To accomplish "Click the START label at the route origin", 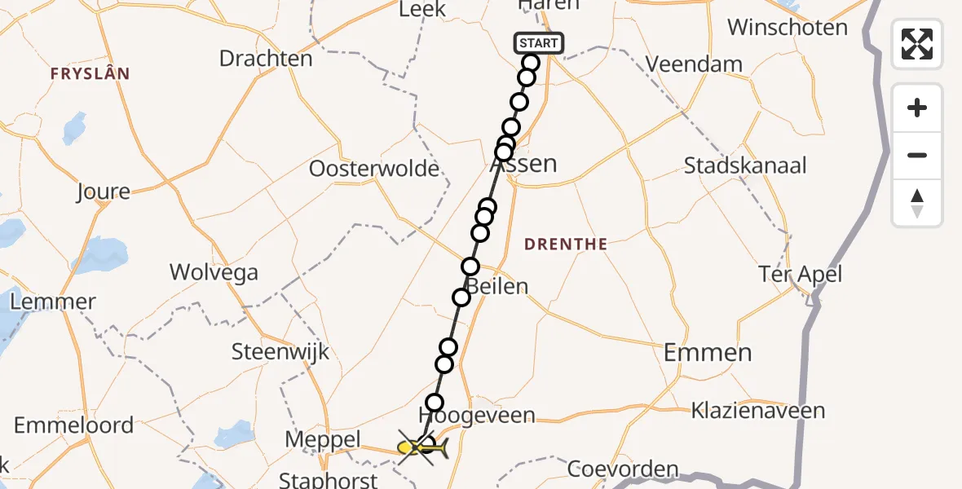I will coord(538,43).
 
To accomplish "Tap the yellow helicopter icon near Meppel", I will coord(423,447).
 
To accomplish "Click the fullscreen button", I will coord(917,44).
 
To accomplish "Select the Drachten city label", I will coord(266,59).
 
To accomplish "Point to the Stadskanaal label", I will coord(745,166).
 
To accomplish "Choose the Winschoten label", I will coord(788,28).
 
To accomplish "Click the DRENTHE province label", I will coord(566,244).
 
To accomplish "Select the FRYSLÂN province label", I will coord(90,73).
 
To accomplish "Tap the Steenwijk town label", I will coord(280,352).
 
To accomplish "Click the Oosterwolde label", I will coord(374,170).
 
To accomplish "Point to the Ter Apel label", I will coord(800,275).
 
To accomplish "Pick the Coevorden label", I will coord(622,469).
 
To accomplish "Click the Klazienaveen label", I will coord(758,411).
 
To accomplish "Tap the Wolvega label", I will coord(214,272).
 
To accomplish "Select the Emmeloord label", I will coord(73,425).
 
